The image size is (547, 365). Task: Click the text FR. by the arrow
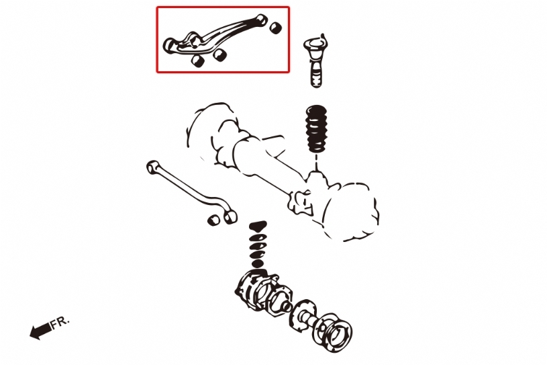point(60,323)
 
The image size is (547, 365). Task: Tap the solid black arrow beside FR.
point(40,331)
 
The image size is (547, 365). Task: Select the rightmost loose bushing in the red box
point(276,28)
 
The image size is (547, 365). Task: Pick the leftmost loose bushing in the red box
point(198,60)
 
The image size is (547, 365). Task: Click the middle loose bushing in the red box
point(220,54)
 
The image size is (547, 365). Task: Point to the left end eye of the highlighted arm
point(170,46)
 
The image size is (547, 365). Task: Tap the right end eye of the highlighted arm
point(262,19)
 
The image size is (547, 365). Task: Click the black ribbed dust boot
point(315,128)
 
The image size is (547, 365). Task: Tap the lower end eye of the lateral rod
point(230,216)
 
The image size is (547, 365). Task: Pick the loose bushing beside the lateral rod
point(213,220)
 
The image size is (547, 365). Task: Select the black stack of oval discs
point(258,245)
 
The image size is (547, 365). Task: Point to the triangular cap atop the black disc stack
point(258,227)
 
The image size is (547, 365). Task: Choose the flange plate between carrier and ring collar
point(303,315)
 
